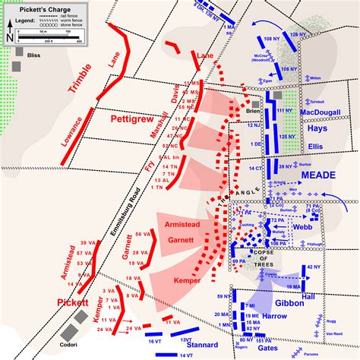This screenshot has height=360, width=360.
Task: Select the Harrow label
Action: (276, 314)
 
